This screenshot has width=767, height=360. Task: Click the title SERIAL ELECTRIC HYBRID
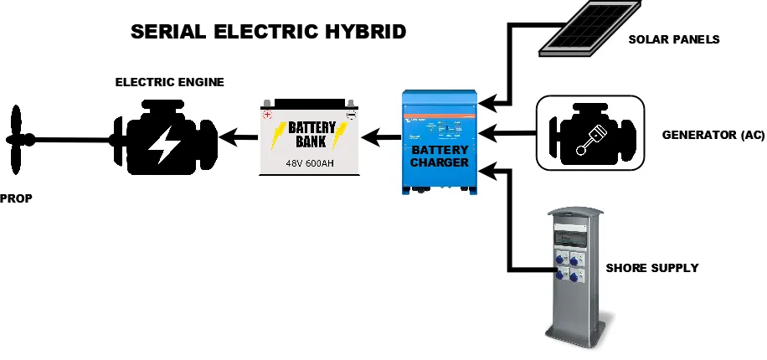(268, 32)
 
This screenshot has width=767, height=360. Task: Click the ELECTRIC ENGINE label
(169, 82)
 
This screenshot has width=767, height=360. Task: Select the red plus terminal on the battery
(267, 115)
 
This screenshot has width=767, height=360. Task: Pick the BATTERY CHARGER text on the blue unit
(439, 156)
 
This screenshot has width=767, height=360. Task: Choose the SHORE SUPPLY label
(651, 268)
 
